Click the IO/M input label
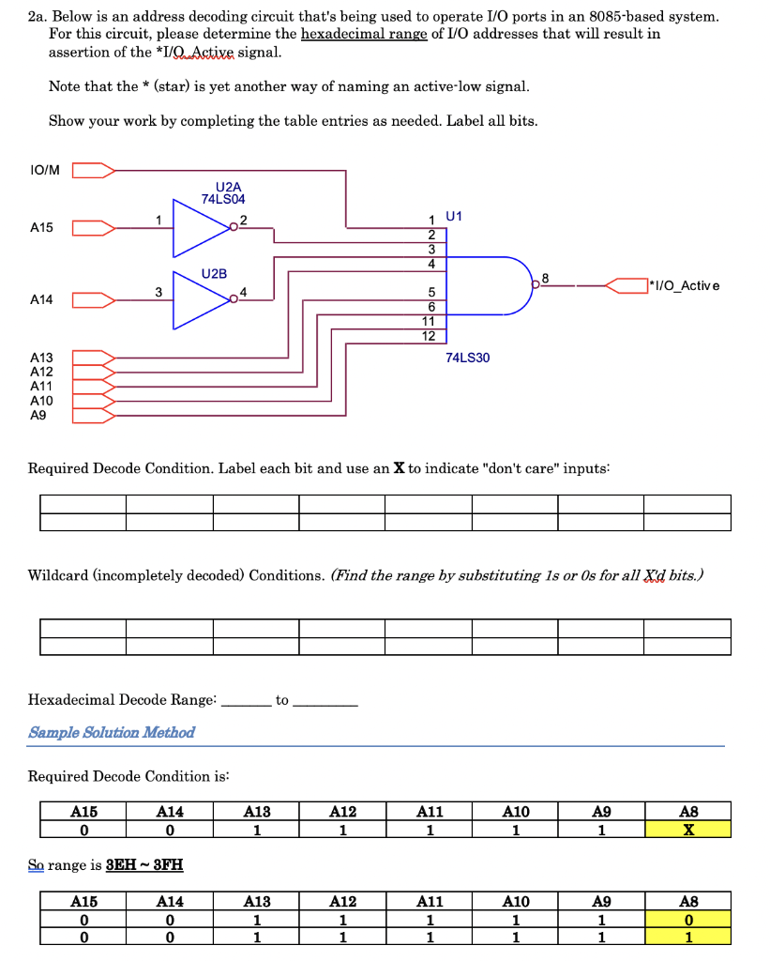(x=44, y=170)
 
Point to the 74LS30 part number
(x=468, y=358)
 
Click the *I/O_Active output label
(x=685, y=284)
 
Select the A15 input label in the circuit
(x=42, y=227)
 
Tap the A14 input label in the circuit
(x=42, y=299)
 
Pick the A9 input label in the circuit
(x=38, y=414)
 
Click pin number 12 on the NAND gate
(x=429, y=335)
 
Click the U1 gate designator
(x=455, y=216)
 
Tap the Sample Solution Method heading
(x=112, y=732)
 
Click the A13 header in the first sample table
(x=256, y=812)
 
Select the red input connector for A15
(x=94, y=227)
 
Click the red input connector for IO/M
(x=94, y=170)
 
